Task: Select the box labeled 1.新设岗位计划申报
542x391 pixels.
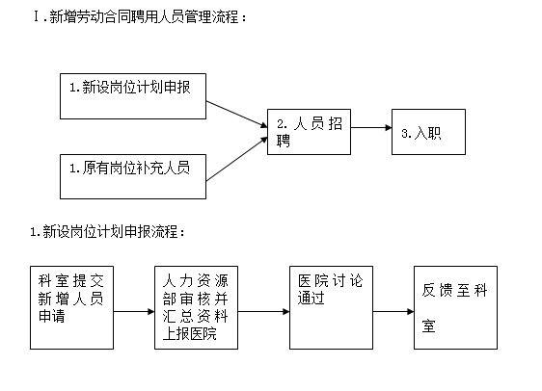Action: (x=133, y=96)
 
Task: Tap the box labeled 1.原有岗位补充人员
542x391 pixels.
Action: (x=133, y=176)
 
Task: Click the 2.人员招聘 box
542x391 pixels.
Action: (x=309, y=132)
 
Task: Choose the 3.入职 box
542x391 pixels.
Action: (x=428, y=132)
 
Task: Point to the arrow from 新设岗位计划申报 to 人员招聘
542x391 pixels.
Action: (x=237, y=115)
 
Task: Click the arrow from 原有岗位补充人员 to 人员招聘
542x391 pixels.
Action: (x=237, y=159)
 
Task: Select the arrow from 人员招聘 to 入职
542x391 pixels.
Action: (x=371, y=128)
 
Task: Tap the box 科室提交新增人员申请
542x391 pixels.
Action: (x=72, y=307)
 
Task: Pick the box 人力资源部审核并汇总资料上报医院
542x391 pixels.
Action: (x=196, y=307)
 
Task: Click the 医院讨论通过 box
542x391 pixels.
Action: (x=331, y=307)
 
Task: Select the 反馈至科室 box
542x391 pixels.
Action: (x=455, y=307)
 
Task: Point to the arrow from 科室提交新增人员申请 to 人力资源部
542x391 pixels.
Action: (x=134, y=312)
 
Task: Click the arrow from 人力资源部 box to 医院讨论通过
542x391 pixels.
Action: (x=263, y=312)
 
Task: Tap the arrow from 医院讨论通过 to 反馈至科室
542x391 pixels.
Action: (x=393, y=312)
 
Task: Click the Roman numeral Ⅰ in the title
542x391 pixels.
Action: (x=37, y=16)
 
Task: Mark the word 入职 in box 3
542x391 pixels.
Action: (x=427, y=133)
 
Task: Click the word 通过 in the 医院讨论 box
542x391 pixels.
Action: (x=312, y=299)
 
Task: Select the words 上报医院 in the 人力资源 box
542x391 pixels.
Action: (x=189, y=333)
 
